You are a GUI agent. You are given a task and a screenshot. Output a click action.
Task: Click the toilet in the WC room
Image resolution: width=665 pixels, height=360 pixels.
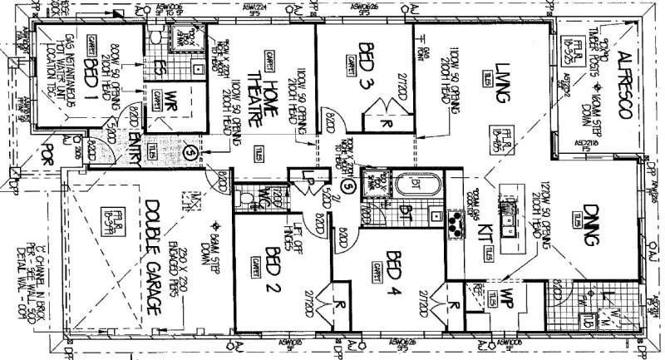[243, 197]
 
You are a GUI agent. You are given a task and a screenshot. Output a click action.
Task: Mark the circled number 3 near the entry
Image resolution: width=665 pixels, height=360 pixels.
[190, 153]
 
